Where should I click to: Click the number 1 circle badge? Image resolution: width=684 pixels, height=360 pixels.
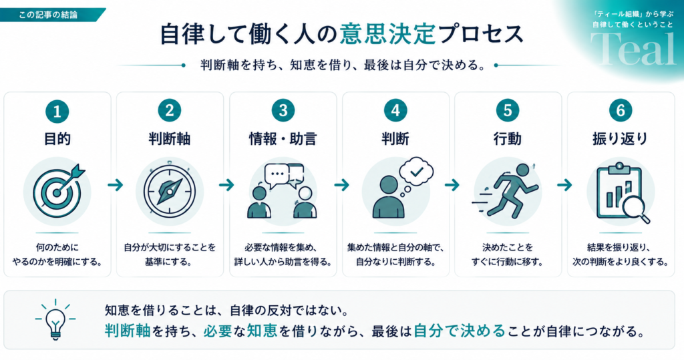point(57,112)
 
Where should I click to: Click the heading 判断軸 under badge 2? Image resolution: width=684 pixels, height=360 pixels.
point(169,139)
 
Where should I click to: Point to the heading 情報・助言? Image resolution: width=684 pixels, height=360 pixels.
point(283,139)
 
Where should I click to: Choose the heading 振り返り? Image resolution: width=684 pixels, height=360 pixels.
point(621,139)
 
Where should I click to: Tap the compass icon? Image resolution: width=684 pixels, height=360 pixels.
point(170,190)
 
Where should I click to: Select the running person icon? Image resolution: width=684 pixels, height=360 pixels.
point(507,191)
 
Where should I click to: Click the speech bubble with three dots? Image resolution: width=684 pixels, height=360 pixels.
point(277,176)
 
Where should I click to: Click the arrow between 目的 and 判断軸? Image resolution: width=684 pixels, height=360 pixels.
point(116,185)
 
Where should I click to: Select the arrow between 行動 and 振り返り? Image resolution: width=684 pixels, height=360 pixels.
point(564,185)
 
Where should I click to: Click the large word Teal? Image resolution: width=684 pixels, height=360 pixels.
point(633,49)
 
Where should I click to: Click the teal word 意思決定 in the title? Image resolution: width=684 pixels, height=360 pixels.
point(388,34)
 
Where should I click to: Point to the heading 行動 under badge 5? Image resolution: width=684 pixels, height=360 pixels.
point(508,139)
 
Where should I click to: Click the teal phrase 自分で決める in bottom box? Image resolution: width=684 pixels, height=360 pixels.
point(459,331)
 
